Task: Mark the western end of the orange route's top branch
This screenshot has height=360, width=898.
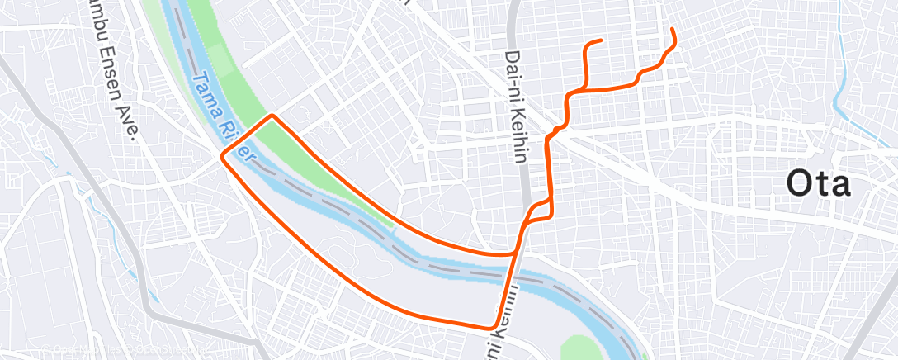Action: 600,40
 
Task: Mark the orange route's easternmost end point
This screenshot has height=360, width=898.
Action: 673,30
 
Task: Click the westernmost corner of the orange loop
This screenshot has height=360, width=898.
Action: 222,154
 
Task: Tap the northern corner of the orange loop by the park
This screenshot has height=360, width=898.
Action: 272,116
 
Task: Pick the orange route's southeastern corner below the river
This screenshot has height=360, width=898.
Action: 494,325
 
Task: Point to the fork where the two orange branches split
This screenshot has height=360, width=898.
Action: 585,86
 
